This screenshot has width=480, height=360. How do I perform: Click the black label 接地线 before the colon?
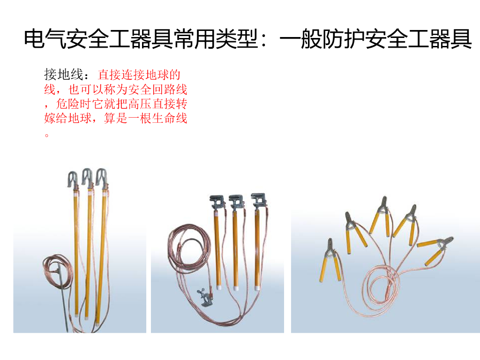(64, 75)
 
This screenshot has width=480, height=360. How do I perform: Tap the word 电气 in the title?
(45, 39)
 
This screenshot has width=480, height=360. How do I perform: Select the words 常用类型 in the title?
(216, 39)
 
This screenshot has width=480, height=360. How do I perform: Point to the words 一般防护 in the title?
(322, 39)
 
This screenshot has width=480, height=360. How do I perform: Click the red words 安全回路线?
(157, 90)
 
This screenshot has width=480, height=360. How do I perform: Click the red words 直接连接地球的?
(139, 75)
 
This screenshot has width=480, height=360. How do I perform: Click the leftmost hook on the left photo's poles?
(73, 179)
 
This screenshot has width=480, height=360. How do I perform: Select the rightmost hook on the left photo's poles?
(102, 177)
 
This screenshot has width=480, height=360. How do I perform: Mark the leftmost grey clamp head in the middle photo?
(217, 202)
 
